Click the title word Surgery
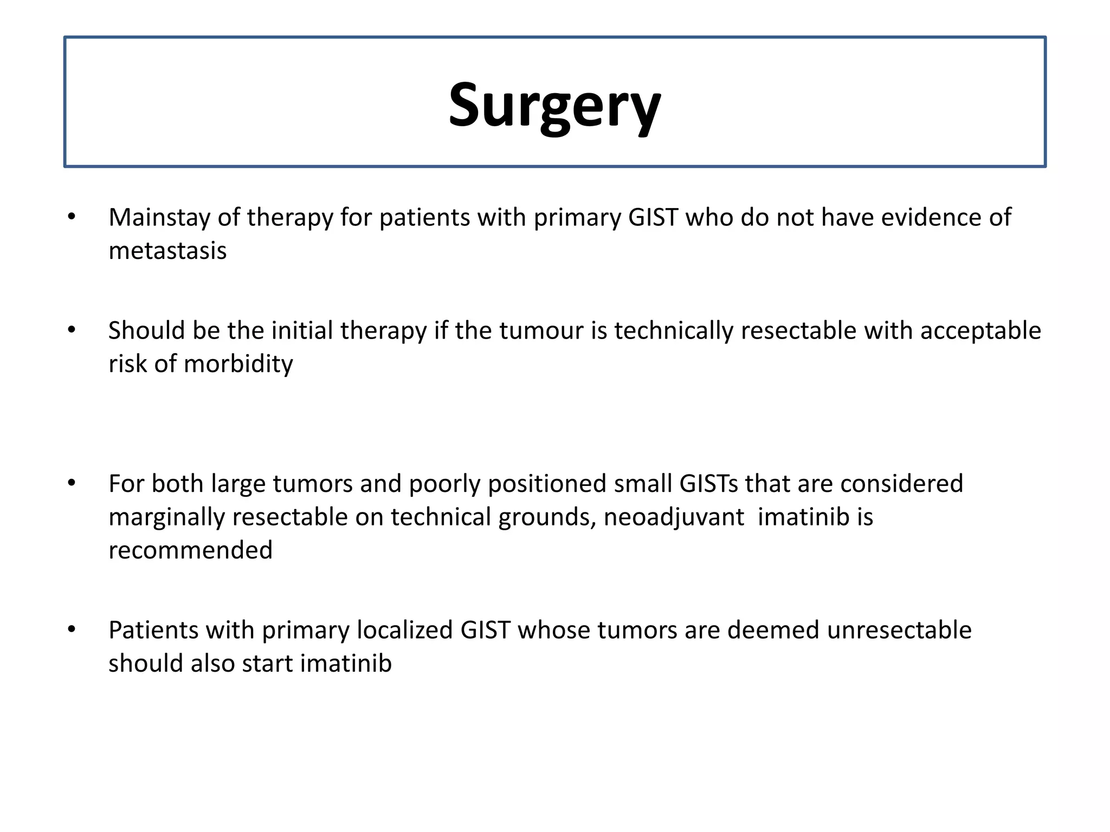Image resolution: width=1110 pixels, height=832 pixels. click(554, 106)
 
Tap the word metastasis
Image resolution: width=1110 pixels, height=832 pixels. click(167, 251)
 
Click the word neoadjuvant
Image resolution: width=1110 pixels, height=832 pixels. click(674, 517)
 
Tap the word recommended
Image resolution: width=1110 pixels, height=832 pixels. click(190, 550)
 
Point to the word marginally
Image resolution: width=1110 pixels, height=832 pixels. click(166, 517)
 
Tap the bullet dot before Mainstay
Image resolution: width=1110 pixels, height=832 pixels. click(72, 217)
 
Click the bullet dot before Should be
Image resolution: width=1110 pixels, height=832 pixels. click(72, 330)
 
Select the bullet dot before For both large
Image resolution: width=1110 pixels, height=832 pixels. click(72, 483)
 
